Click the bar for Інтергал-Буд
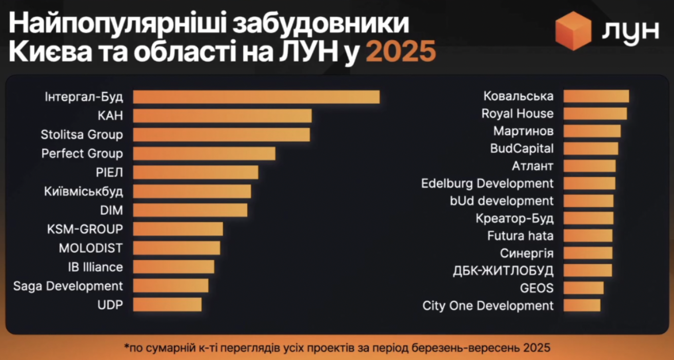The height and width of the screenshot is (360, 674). tap(256, 97)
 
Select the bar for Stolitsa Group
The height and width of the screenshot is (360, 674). tap(222, 135)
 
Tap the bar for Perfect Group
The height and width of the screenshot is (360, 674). tap(204, 154)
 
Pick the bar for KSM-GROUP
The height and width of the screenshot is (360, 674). tap(178, 229)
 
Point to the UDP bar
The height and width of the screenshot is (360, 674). tap(167, 305)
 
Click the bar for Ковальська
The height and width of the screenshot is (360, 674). tap(596, 96)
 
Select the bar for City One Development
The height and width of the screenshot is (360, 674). tap(582, 306)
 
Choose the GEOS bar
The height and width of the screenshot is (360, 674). tap(583, 288)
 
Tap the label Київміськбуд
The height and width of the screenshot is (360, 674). tap(84, 191)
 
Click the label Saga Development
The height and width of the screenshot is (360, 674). tap(68, 286)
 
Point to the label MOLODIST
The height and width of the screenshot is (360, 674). tap(91, 248)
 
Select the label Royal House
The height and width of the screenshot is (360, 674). tap(518, 113)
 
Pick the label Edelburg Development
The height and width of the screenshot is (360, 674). tap(487, 183)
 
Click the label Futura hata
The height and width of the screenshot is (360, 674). tap(521, 236)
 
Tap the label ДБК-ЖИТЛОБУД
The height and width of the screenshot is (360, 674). tap(504, 271)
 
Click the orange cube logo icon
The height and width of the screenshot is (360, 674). tap(573, 31)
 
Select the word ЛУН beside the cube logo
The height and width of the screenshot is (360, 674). tap(630, 32)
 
